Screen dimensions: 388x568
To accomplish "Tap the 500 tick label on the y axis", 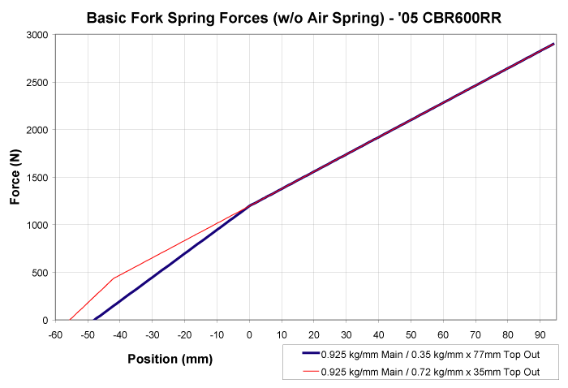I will coord(38,273).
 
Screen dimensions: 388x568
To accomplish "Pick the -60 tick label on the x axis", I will coord(55,334).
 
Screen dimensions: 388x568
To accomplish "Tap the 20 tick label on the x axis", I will coord(314,334).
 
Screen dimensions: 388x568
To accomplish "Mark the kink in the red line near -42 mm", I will coord(114,278).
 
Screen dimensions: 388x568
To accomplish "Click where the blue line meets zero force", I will coord(94,320).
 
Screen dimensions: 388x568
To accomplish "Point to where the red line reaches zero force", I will coord(70,320).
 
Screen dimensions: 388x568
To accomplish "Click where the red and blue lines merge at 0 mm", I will coord(249,205).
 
